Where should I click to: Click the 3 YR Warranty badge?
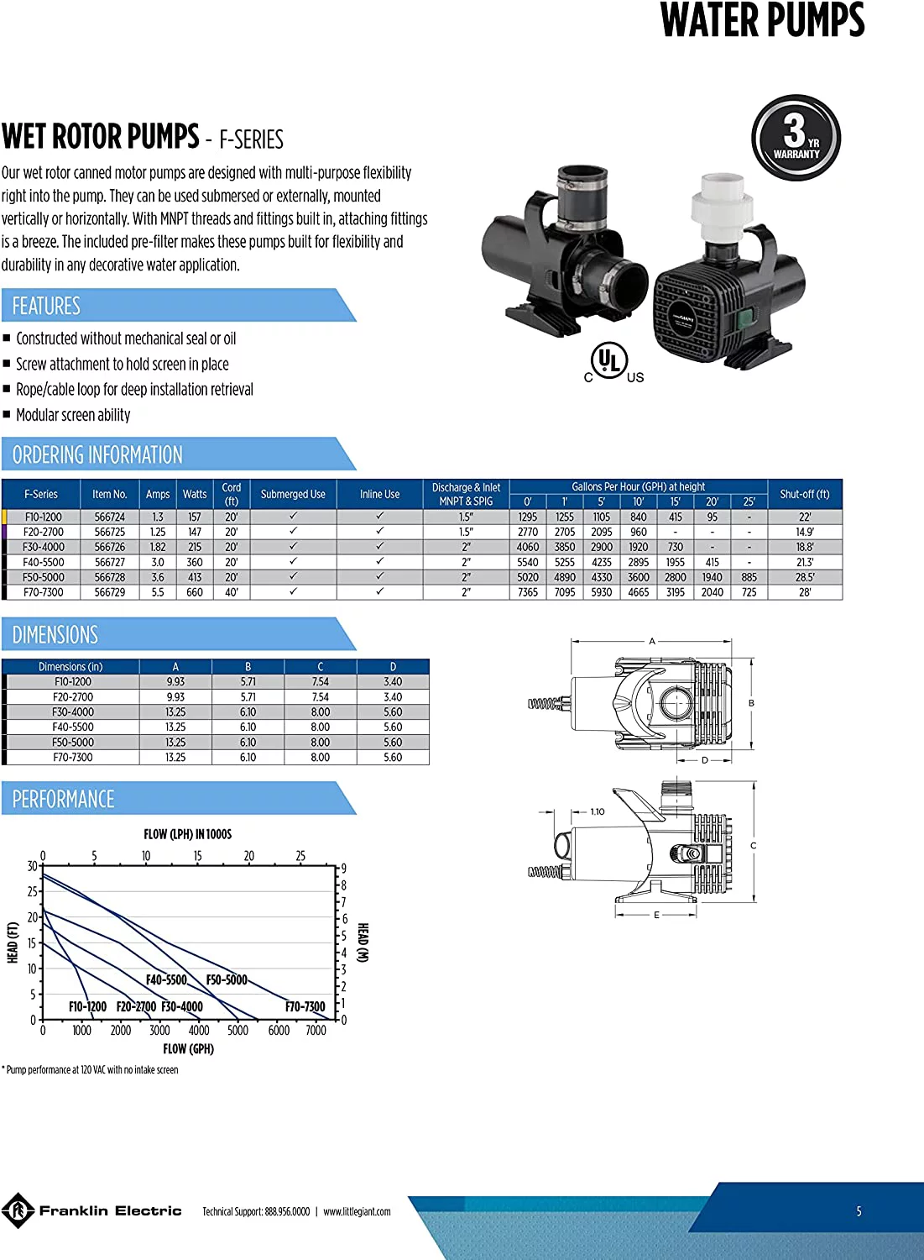[796, 137]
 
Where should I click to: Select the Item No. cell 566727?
[110, 562]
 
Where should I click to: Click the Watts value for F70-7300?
[195, 592]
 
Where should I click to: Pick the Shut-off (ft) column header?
[804, 494]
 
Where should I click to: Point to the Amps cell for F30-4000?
[158, 547]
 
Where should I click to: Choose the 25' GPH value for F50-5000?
[749, 577]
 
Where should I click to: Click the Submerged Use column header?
[293, 494]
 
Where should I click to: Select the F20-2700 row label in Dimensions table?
[73, 696]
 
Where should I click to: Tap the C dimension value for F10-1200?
[321, 681]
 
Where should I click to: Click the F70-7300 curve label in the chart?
[305, 1006]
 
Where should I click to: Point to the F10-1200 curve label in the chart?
[87, 1006]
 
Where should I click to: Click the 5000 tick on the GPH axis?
[238, 1030]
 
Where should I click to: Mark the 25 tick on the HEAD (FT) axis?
[33, 891]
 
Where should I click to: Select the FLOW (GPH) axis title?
[188, 1048]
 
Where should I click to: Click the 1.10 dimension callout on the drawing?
[598, 811]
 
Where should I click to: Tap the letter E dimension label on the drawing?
[656, 916]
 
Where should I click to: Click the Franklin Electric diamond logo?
[18, 1210]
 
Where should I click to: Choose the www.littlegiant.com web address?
[357, 1211]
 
